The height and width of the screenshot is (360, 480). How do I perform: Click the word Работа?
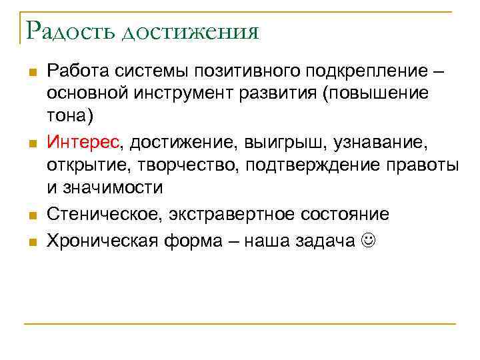[x=78, y=71]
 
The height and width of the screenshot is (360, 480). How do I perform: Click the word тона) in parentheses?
[x=71, y=115]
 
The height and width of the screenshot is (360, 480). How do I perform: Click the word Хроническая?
[x=96, y=241]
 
